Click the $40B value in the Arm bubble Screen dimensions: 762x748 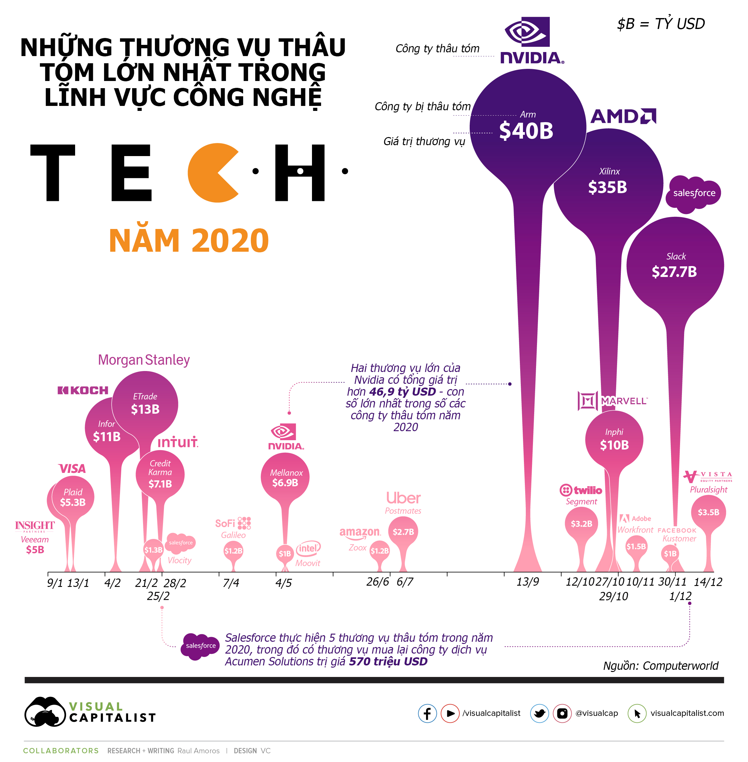point(526,131)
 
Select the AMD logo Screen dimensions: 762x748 point(623,116)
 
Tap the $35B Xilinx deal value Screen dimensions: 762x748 point(607,187)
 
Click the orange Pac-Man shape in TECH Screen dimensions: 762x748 point(210,173)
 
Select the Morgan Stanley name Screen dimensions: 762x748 point(144,360)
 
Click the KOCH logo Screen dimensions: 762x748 point(83,390)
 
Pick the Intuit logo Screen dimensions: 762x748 point(178,442)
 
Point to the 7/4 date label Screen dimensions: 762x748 point(231,583)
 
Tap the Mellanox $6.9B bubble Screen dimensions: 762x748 point(285,477)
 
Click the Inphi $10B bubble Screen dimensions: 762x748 point(614,440)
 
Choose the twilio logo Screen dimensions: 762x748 point(581,490)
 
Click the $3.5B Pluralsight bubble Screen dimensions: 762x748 point(708,512)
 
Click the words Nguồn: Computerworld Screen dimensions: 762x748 point(660,666)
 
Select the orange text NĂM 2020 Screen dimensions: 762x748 point(189,241)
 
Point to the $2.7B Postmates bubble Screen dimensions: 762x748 point(403,531)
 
